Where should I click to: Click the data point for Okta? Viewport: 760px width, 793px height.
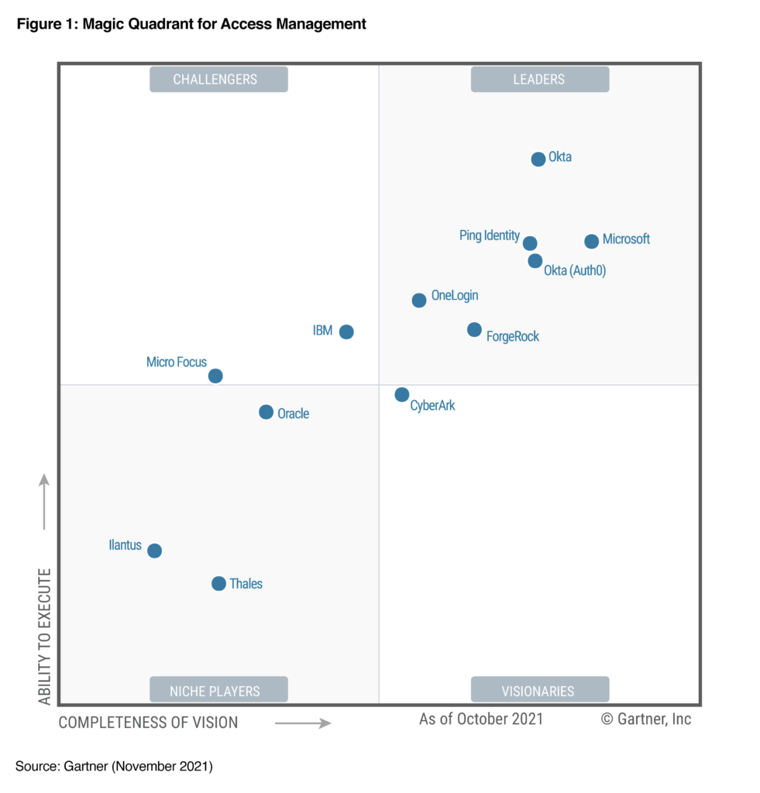pos(538,160)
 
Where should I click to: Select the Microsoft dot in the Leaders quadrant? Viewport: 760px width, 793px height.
pos(591,242)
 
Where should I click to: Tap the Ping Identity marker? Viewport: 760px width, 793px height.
pos(530,243)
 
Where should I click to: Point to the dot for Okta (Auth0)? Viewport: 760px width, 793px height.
pos(535,261)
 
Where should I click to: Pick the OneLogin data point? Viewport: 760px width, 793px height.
pos(418,300)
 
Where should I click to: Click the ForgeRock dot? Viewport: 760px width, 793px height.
pos(474,330)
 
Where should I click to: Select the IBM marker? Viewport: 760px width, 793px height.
pos(346,332)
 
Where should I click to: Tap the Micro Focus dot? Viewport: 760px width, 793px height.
pos(215,376)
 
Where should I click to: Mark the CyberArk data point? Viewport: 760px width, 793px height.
pos(401,395)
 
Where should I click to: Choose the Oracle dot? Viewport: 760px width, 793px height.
pos(266,413)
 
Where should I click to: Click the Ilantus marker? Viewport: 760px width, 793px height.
pos(154,551)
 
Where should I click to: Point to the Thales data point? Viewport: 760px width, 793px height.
pos(218,584)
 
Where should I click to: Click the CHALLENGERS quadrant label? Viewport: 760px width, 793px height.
pos(218,79)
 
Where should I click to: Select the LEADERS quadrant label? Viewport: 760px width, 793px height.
pos(539,79)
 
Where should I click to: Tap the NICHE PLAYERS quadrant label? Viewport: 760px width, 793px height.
pos(218,690)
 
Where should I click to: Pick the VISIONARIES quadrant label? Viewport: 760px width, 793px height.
pos(539,690)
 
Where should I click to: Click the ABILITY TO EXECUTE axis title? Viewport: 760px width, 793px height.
pos(45,637)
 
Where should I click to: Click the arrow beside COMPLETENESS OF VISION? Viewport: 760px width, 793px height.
pos(303,723)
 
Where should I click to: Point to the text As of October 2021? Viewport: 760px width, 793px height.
pos(481,719)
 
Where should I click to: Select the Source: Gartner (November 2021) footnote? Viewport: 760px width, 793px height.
pos(114,767)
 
